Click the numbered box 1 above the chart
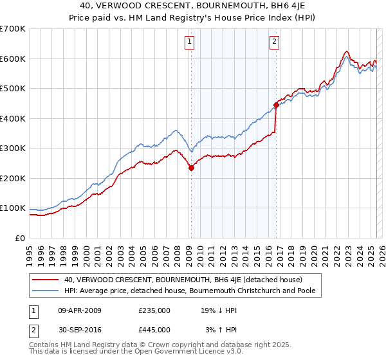(190, 42)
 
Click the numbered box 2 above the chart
(274, 42)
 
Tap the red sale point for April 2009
(191, 168)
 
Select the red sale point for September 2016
(276, 105)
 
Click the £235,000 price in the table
(154, 310)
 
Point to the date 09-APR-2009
(80, 310)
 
